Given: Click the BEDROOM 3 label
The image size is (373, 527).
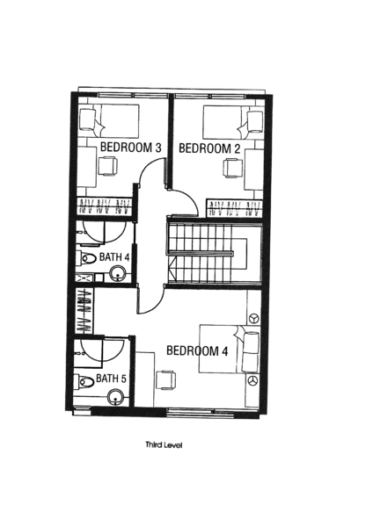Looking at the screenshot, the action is pos(131,148).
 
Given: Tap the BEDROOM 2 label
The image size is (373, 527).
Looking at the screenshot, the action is pos(209,148).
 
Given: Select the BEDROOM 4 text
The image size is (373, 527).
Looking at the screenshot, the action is pos(197,350).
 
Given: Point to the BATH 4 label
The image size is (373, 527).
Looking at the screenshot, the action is pos(114,257).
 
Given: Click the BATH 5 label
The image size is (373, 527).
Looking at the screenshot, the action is pos(111,379).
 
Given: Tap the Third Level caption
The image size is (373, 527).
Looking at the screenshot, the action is pos(164,445).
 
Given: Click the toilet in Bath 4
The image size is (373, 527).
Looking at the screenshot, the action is pos(86,257).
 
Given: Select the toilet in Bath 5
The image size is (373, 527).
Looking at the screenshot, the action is pos(84,381).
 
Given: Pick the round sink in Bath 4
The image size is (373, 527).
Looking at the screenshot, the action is pos(118,273).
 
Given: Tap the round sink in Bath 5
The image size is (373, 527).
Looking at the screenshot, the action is pos(115,398).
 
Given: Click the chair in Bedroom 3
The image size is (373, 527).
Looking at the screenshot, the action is pos(107,166).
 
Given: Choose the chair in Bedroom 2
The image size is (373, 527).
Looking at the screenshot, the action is pos(232,168).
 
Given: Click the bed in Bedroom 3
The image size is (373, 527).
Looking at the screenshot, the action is pos(109,120).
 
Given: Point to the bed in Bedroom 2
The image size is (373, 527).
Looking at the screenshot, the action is pos(233,122).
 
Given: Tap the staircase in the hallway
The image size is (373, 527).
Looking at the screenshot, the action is pos(214,254).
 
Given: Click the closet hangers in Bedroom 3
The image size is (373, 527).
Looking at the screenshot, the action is pos(104,206).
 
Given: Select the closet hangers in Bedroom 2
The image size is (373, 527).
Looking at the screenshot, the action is pos(234,208).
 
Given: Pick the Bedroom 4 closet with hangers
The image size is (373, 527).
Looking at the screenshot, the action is pos(84,311).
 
